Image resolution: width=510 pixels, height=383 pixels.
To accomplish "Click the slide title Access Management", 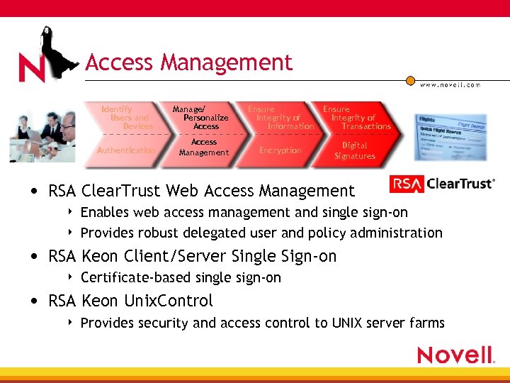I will tap(188, 63).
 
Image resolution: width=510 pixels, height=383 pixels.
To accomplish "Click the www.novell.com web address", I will tap(450, 85).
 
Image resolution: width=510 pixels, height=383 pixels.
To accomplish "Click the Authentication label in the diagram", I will tap(126, 150).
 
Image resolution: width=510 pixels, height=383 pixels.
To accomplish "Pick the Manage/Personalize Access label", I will tap(201, 118).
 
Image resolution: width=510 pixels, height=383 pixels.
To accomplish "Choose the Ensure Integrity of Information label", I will tap(280, 118).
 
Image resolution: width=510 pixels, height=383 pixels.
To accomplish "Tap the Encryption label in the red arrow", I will tap(280, 150).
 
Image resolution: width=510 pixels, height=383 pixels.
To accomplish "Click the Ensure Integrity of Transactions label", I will tap(356, 118).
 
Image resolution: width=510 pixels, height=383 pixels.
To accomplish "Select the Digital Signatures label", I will tap(355, 150).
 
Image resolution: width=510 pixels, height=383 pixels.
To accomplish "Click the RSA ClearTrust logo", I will tap(442, 184).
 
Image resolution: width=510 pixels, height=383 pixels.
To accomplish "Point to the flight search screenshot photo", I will tap(450, 137).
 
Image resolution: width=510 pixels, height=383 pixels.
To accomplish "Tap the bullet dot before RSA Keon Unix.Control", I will tap(35, 301).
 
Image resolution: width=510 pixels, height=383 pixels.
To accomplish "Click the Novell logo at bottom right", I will tap(455, 355).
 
